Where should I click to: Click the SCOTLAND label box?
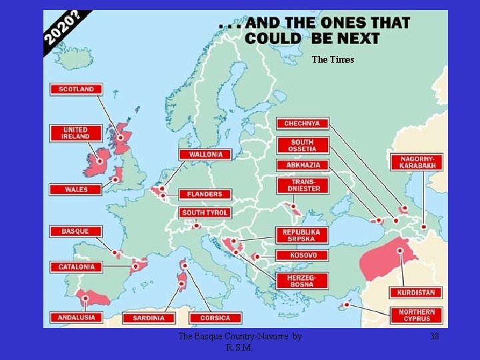tap(76, 89)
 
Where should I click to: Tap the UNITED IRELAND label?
tap(76, 133)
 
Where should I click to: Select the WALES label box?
tap(76, 189)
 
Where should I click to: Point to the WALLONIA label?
tap(205, 155)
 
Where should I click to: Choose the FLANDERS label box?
tap(205, 194)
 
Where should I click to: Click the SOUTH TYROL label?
tap(205, 213)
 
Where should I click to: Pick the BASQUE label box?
tap(76, 231)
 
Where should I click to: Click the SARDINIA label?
tap(149, 318)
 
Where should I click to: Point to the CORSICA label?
tap(215, 318)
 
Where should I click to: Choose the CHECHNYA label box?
tap(302, 123)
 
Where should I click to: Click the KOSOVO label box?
tap(303, 255)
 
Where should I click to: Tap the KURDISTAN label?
tap(417, 292)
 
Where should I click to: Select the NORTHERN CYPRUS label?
tap(417, 315)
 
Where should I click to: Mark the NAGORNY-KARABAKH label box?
tap(417, 161)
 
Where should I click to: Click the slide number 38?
tap(434, 337)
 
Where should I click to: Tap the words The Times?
tap(333, 60)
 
